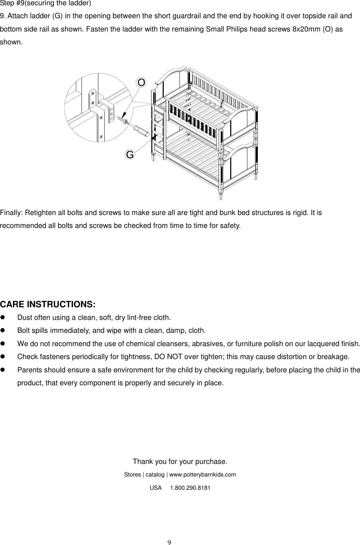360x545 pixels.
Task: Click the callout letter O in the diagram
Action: point(141,82)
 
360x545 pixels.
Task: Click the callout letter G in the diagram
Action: point(130,154)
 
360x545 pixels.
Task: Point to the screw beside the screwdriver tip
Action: point(124,120)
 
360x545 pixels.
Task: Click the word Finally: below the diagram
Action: point(11,213)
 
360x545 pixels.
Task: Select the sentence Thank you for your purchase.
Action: point(180,462)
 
